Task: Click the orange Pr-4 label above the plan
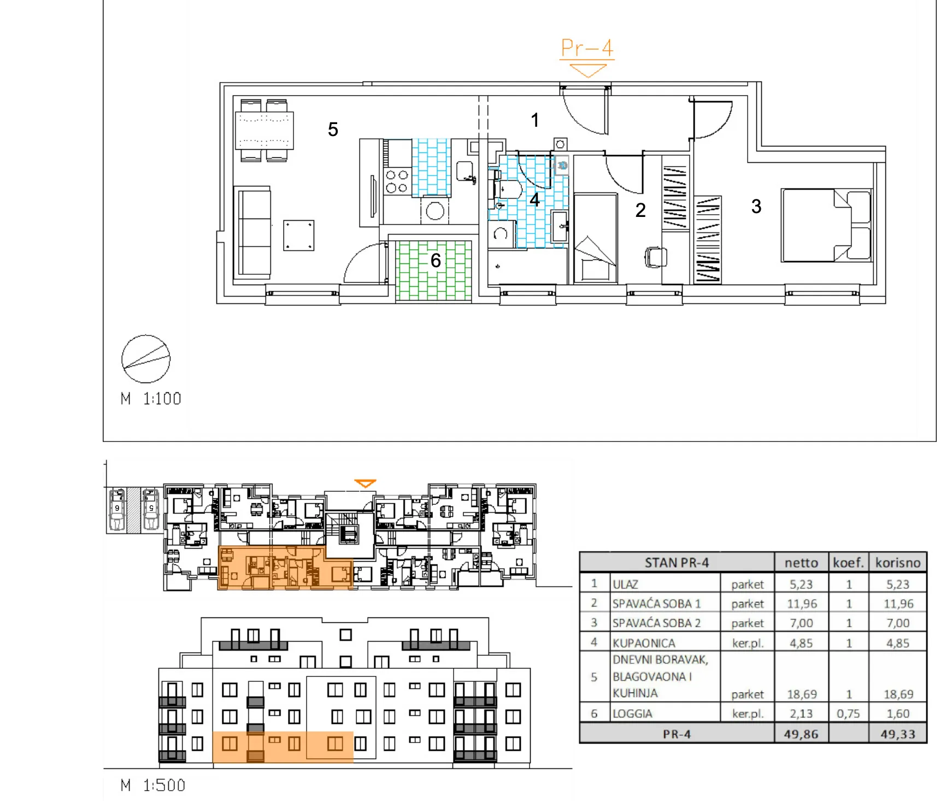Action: click(x=587, y=48)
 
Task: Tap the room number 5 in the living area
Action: click(x=333, y=129)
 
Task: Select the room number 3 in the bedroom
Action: click(x=756, y=207)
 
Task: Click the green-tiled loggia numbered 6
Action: click(x=434, y=270)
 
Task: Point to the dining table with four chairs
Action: click(x=265, y=130)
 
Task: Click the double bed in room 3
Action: click(x=826, y=225)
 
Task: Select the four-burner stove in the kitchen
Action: click(x=397, y=181)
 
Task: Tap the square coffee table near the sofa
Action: click(x=298, y=235)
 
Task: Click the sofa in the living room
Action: click(x=252, y=232)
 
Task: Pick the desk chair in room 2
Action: click(x=656, y=257)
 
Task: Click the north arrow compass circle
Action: click(x=146, y=359)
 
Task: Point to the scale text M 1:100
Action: click(x=151, y=399)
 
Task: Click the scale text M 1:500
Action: click(x=153, y=786)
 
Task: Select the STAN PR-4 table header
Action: click(x=677, y=563)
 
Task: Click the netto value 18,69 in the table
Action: click(x=802, y=694)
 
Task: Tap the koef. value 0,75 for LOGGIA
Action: click(x=848, y=714)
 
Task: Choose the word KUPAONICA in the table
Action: click(x=644, y=643)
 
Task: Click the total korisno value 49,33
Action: click(x=898, y=734)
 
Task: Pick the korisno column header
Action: click(x=898, y=563)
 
